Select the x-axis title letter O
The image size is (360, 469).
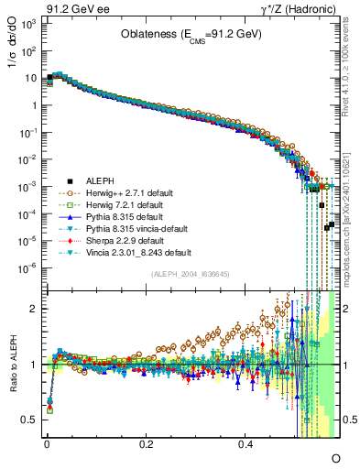pos(335,455)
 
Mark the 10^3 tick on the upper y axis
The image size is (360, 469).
pos(28,23)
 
